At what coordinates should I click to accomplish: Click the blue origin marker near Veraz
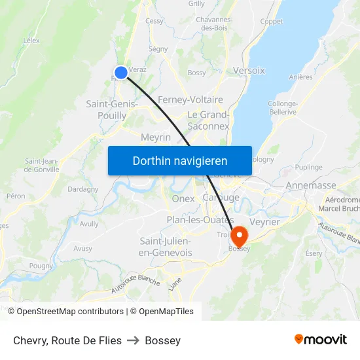(x=121, y=73)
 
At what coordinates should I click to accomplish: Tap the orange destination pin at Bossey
(x=238, y=234)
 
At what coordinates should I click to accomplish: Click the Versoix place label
(x=249, y=70)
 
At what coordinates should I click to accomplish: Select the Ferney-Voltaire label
(x=190, y=99)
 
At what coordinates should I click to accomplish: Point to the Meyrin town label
(x=156, y=137)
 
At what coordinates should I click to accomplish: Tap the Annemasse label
(x=311, y=186)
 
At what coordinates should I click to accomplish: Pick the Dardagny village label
(x=82, y=189)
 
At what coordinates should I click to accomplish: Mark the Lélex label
(x=31, y=41)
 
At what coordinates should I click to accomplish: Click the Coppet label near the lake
(x=272, y=22)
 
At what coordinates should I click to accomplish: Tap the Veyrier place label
(x=265, y=222)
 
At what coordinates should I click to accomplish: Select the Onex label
(x=183, y=198)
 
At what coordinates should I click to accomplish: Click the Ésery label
(x=314, y=253)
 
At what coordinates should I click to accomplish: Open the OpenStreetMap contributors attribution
(x=65, y=312)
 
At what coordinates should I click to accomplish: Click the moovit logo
(x=321, y=339)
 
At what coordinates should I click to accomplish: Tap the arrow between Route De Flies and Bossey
(x=134, y=340)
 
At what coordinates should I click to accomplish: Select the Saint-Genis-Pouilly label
(x=112, y=110)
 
